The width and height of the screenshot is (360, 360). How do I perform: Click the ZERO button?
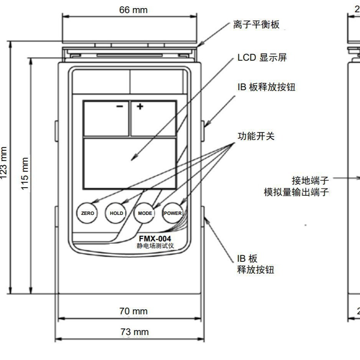(88, 213)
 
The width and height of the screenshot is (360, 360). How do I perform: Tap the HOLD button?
(116, 213)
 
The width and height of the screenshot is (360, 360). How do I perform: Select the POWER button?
(173, 213)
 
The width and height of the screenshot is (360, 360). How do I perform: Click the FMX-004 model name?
(155, 239)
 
